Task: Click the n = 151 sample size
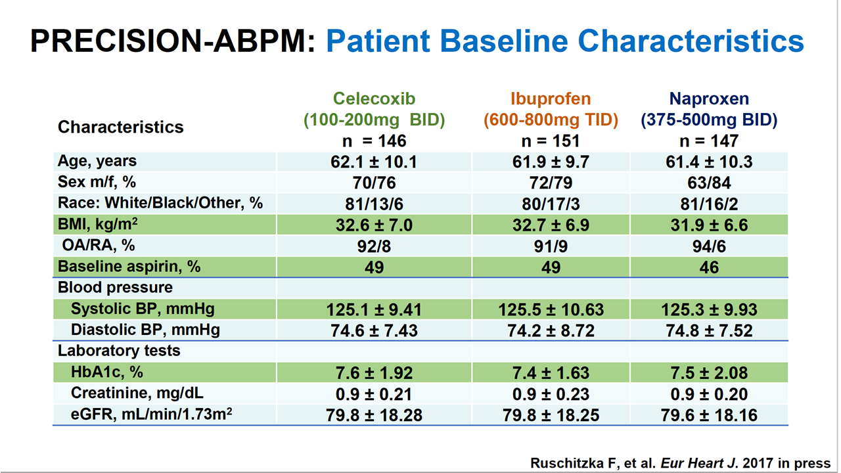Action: tap(551, 141)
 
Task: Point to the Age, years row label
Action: tap(97, 161)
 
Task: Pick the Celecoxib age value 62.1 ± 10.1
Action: tap(374, 162)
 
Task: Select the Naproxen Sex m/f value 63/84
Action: tap(709, 182)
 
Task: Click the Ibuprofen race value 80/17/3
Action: tap(551, 203)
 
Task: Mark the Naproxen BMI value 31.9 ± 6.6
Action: tap(709, 225)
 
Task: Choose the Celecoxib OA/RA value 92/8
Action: tap(374, 246)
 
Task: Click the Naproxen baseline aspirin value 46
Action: tap(709, 267)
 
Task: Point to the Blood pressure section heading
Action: tap(115, 288)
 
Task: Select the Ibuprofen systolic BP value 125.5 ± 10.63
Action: tap(551, 309)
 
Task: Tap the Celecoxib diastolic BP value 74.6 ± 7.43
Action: tap(374, 330)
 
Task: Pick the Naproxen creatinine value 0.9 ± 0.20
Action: tap(709, 394)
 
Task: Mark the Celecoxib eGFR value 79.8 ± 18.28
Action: tap(374, 415)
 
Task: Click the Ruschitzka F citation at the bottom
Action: tap(680, 462)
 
